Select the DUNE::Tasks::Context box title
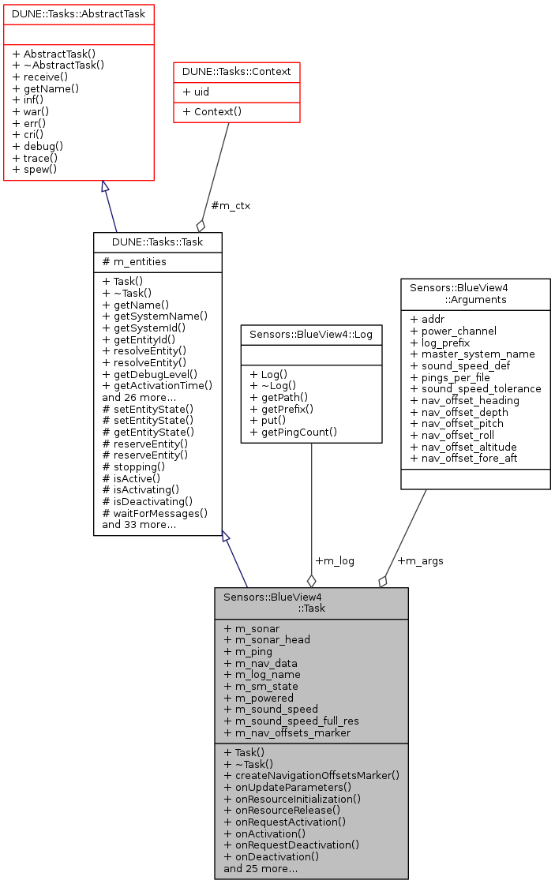click(236, 71)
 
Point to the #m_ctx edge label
click(231, 206)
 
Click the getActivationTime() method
click(158, 385)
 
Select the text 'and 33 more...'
click(139, 524)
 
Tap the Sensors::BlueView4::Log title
click(311, 334)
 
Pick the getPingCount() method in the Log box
click(294, 432)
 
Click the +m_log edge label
click(335, 560)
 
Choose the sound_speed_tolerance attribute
click(475, 388)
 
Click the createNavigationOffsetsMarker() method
click(312, 775)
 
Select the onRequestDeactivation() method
click(291, 845)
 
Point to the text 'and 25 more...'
click(261, 868)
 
